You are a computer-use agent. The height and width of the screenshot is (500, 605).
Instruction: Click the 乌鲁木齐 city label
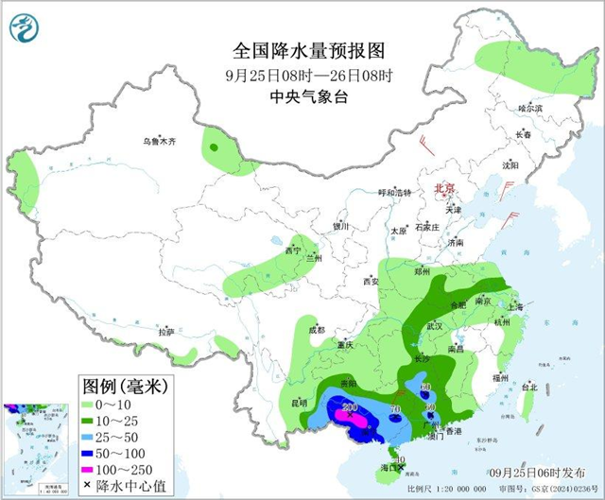(x=160, y=141)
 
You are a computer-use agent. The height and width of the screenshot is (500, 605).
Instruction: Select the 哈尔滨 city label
(x=531, y=109)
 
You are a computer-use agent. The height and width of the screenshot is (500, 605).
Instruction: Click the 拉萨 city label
(x=166, y=332)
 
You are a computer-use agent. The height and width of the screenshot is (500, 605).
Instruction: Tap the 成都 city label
(x=315, y=330)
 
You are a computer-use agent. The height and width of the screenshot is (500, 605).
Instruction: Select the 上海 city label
(x=515, y=306)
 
